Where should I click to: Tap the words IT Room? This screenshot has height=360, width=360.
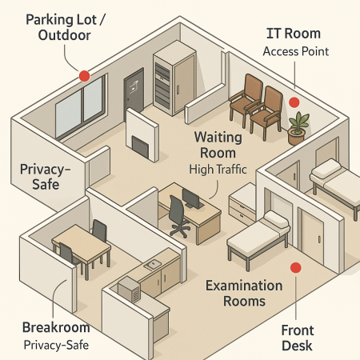tap(294, 34)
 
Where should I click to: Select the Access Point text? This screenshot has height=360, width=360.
tap(295, 52)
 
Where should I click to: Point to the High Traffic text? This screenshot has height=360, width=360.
tap(218, 170)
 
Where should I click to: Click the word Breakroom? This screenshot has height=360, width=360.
tap(54, 328)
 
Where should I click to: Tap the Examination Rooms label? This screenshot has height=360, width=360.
tap(244, 293)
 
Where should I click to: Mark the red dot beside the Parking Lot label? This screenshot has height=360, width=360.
tap(83, 76)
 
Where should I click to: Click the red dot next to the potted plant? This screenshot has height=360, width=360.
tap(294, 102)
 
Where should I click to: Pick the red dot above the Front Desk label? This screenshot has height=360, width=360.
tap(295, 267)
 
